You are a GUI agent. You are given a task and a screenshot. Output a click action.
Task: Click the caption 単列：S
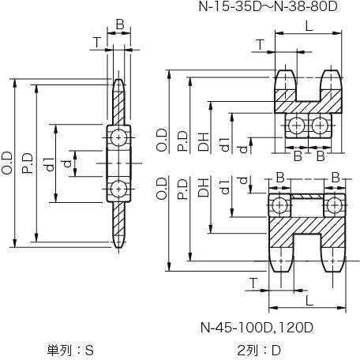(x=70, y=350)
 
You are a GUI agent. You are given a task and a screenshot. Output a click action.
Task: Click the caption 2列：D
(x=259, y=350)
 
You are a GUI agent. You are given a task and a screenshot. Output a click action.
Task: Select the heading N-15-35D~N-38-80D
(x=268, y=6)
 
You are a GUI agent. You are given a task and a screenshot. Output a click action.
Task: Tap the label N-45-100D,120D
(x=257, y=328)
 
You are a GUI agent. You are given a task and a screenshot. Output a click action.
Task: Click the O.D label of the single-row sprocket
(x=6, y=163)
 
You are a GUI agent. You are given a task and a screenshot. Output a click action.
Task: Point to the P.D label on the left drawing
(x=28, y=163)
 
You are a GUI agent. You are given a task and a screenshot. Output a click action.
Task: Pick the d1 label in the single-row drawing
(x=50, y=164)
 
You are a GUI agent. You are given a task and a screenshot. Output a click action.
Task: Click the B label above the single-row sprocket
(x=120, y=24)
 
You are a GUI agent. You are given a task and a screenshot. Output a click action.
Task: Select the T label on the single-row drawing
(x=97, y=42)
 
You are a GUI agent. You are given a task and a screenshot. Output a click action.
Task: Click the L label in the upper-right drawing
(x=309, y=26)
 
